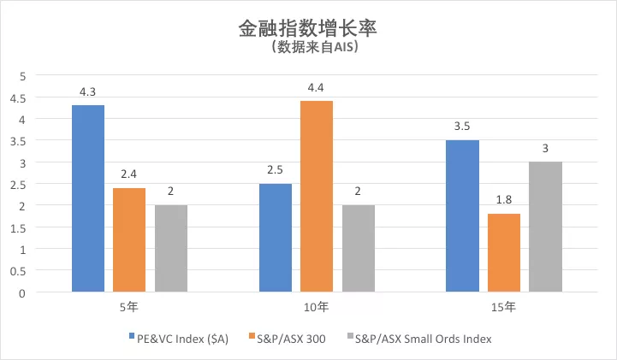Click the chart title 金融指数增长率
coord(308,27)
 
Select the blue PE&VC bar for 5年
coord(88,198)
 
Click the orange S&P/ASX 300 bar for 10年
coord(316,196)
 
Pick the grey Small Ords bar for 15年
coord(545,227)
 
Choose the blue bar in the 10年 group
coord(275,238)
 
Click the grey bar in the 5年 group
coord(171,248)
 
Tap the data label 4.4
coord(316,88)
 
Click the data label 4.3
coord(88,92)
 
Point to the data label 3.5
coord(462,127)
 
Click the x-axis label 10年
coord(316,306)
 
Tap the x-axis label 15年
coord(503,306)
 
